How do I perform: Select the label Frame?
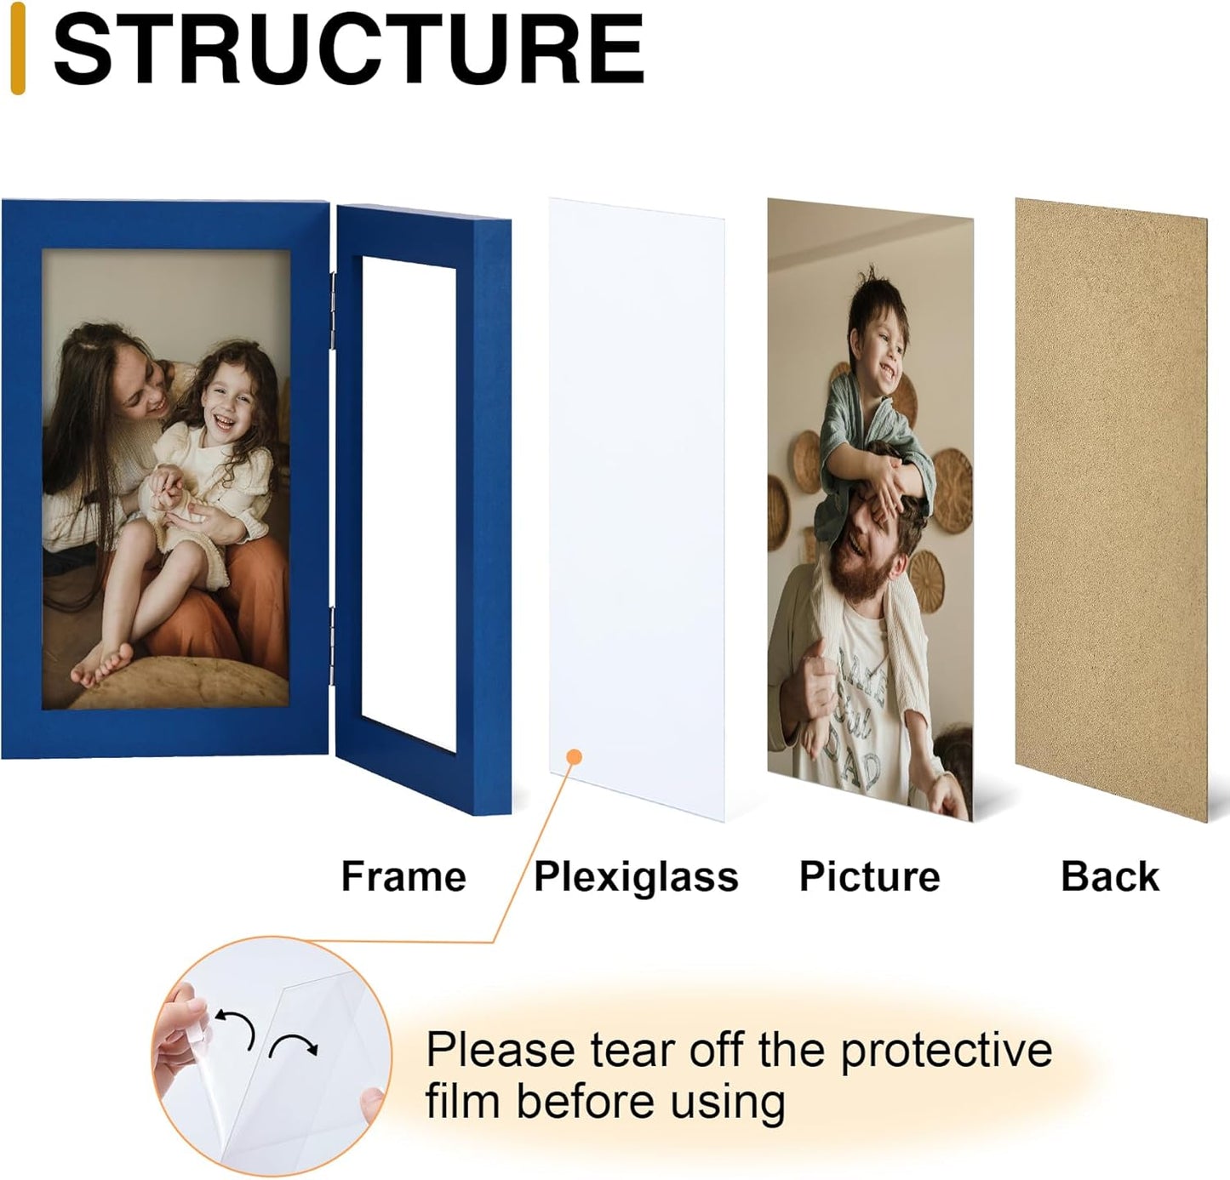coord(403,876)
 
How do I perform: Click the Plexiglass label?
coord(636,877)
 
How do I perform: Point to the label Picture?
coord(869,876)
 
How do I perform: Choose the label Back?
coord(1109,876)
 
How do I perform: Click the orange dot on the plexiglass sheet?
coord(574,756)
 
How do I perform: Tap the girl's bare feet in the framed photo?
coord(102,664)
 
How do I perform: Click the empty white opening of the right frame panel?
coord(409,502)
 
